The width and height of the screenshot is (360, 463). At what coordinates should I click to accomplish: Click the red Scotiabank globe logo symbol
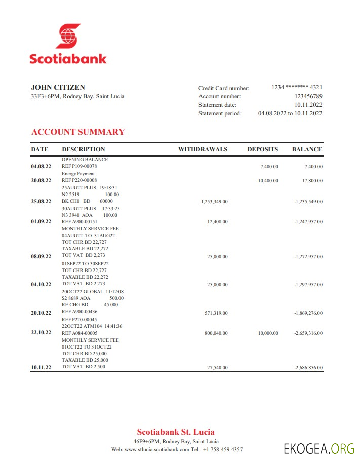[68, 36]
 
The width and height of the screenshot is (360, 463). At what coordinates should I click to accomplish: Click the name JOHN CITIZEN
[58, 87]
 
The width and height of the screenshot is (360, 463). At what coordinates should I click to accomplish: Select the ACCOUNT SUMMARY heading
[78, 132]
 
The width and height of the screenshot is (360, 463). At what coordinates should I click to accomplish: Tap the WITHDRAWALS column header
[203, 149]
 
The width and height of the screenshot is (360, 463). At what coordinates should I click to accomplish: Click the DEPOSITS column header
[262, 149]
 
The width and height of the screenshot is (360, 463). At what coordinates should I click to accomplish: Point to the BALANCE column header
[307, 149]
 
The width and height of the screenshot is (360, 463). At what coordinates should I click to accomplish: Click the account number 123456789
[308, 96]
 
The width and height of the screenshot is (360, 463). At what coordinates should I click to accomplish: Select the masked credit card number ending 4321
[297, 87]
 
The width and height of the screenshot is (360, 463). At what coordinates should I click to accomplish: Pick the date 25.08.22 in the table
[41, 202]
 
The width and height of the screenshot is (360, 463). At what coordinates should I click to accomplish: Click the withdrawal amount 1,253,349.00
[214, 202]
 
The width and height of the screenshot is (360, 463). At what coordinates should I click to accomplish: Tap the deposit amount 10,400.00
[268, 180]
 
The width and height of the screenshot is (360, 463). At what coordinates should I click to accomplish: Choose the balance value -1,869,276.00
[308, 313]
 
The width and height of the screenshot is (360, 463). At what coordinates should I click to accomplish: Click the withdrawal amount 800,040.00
[216, 333]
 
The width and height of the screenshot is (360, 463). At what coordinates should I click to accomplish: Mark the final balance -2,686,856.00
[308, 368]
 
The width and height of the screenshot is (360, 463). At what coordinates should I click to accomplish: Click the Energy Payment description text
[78, 174]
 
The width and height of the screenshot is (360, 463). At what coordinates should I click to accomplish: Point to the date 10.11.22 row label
[41, 368]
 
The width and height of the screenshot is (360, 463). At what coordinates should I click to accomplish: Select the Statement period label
[220, 114]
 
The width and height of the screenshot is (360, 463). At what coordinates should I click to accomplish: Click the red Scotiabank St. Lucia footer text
[176, 432]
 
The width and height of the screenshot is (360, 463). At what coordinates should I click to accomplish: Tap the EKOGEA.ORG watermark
[319, 448]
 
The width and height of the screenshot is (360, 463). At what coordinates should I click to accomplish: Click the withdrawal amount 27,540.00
[217, 368]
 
